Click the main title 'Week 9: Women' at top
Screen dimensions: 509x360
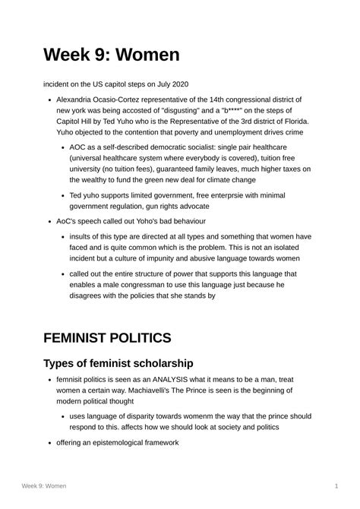[111, 55]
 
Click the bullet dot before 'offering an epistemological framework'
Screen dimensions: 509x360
[49, 441]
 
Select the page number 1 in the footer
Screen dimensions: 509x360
[336, 485]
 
